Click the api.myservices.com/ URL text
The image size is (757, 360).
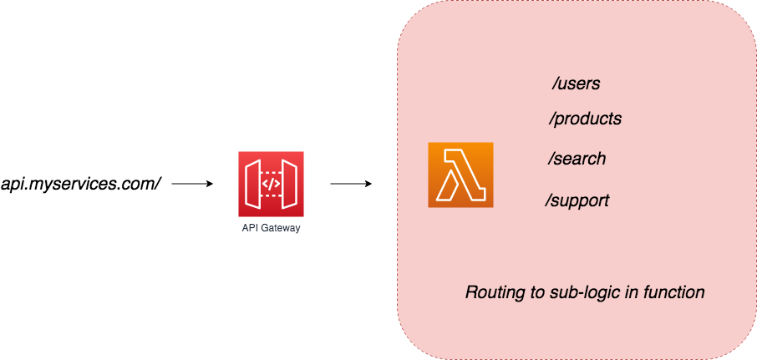[x=81, y=183]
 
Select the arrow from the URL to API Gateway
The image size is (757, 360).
[x=192, y=183]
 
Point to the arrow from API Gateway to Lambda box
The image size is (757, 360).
[x=351, y=183]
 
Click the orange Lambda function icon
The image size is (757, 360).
[x=460, y=175]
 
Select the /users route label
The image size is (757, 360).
[x=576, y=84]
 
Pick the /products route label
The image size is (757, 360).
[x=585, y=119]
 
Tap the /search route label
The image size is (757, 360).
[x=577, y=159]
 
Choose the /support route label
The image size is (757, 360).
[x=577, y=200]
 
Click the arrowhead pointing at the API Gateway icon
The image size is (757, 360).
[x=210, y=183]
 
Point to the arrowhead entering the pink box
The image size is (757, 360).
[x=368, y=183]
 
